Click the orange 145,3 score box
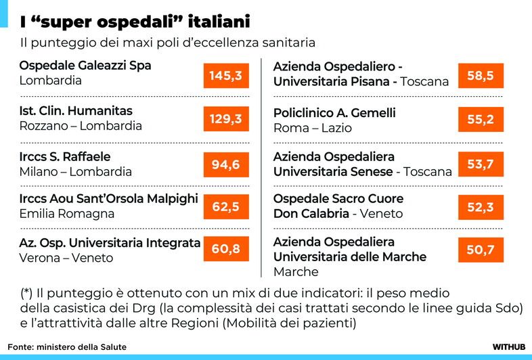click(x=225, y=76)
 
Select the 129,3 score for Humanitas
click(x=225, y=119)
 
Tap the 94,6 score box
click(x=225, y=163)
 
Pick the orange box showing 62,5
click(x=225, y=207)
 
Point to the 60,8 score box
click(x=225, y=250)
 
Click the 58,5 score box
click(x=481, y=76)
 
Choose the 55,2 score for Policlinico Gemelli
click(x=481, y=120)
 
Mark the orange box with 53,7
click(x=481, y=164)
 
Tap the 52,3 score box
click(x=481, y=207)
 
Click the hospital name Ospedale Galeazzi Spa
click(x=85, y=66)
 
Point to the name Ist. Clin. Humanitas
click(x=76, y=110)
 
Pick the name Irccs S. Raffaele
click(x=64, y=156)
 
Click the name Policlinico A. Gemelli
click(x=334, y=113)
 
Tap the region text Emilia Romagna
click(x=67, y=214)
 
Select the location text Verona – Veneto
click(x=66, y=258)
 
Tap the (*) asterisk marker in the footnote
click(x=26, y=293)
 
